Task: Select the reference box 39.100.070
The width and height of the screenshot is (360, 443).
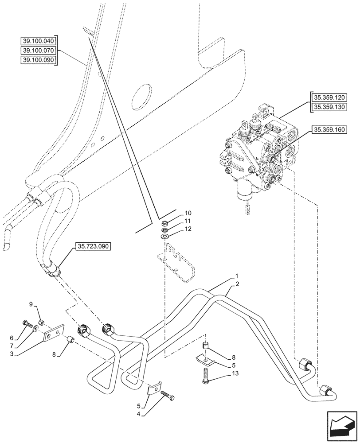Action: (39, 51)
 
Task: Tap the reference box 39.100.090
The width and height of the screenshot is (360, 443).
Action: (39, 60)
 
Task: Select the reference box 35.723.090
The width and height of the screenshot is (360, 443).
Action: (94, 246)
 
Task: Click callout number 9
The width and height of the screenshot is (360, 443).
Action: (31, 303)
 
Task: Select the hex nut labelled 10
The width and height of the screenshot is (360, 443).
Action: (164, 223)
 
